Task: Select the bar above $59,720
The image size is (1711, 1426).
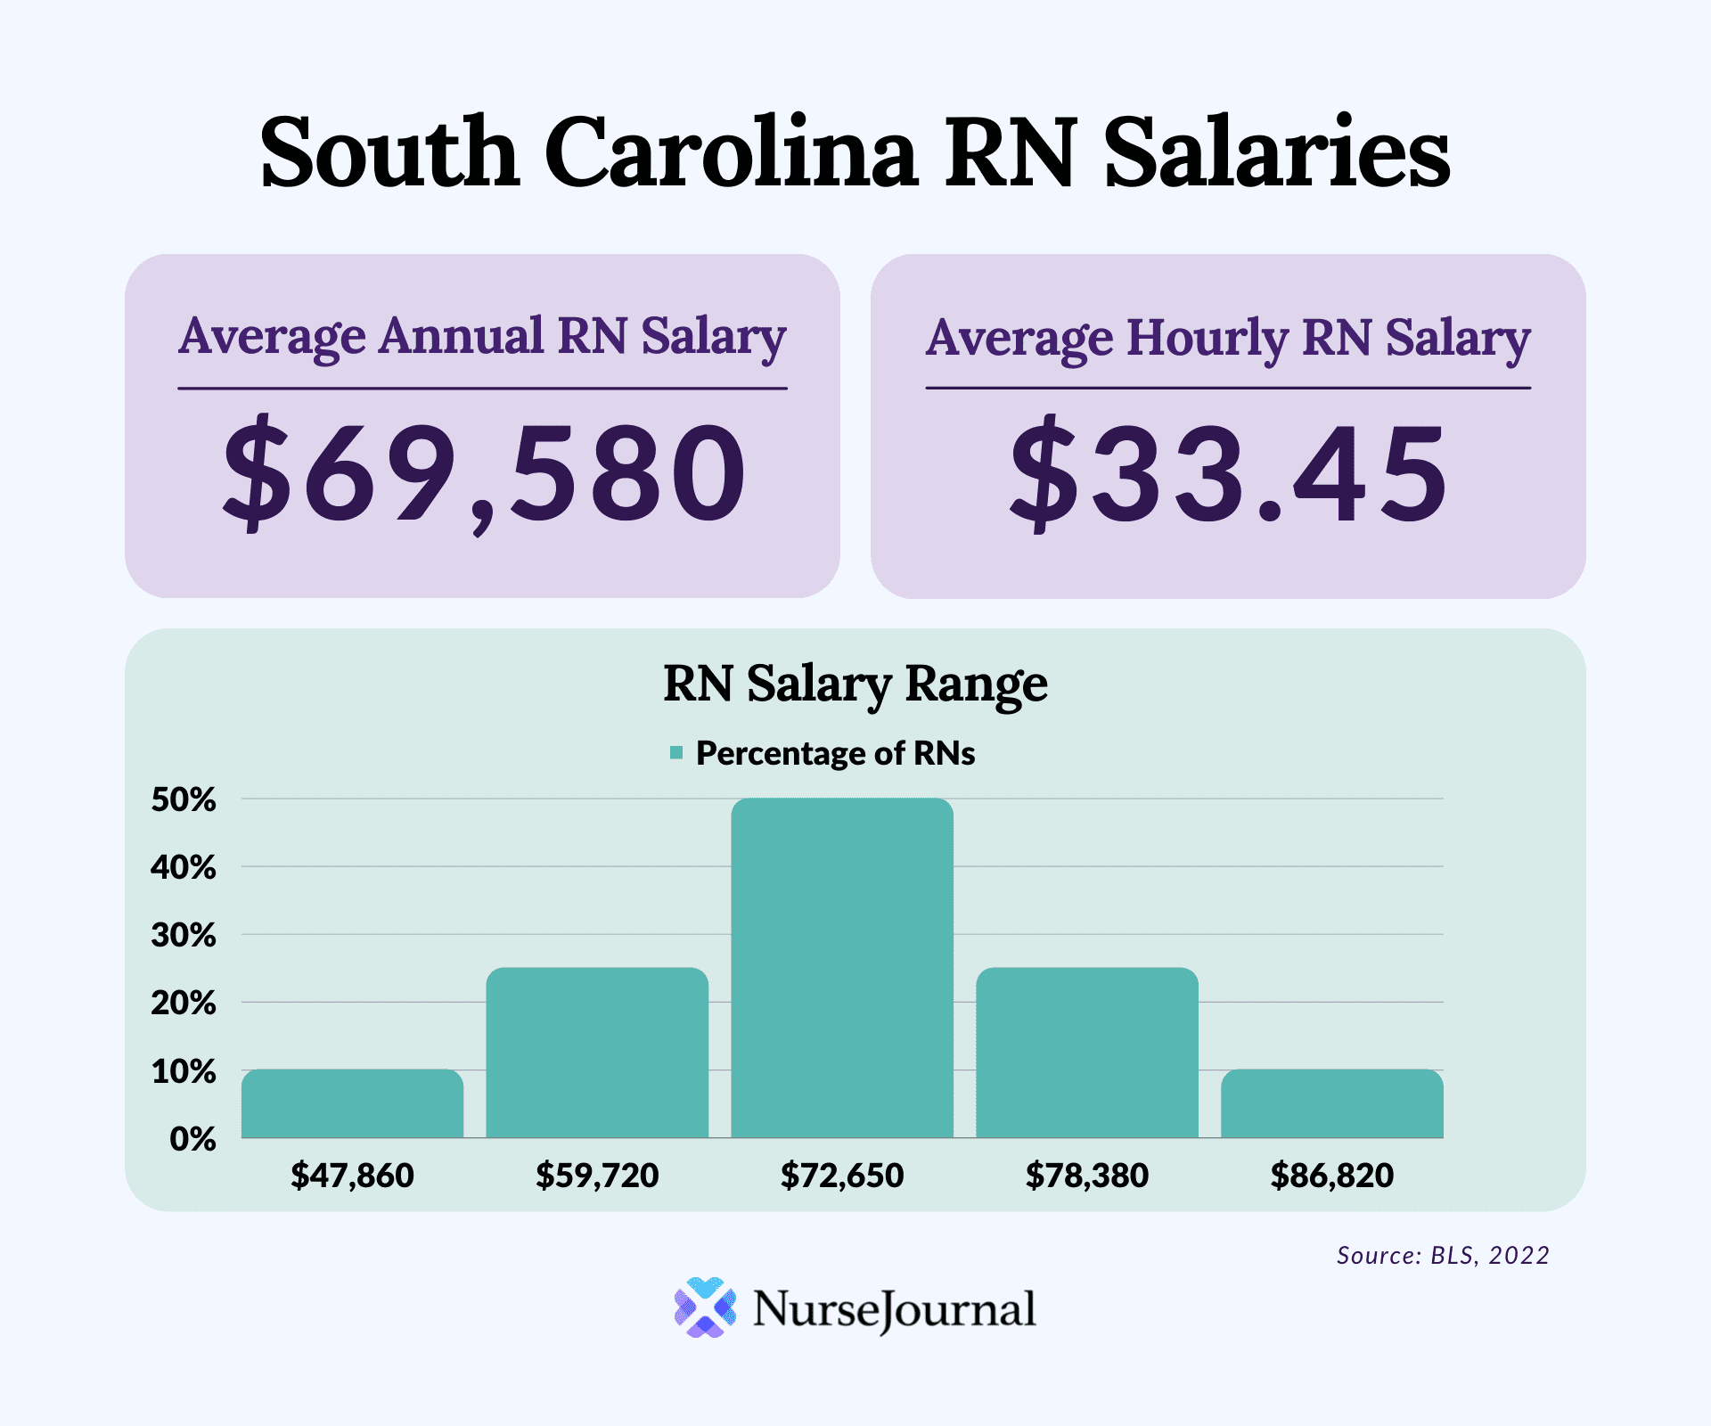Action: pos(597,1053)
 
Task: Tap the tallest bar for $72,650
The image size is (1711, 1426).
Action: pos(842,968)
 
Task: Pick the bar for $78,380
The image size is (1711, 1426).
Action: pos(1087,1053)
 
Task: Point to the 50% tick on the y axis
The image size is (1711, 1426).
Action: pos(184,799)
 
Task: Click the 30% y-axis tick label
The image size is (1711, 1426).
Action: pos(184,935)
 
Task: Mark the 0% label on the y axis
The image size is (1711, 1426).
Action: pos(192,1139)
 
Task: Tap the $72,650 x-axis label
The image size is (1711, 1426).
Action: pos(842,1176)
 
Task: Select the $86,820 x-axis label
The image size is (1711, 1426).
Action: pos(1332,1176)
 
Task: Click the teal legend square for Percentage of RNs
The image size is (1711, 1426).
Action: pos(676,753)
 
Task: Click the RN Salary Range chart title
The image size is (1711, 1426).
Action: pos(855,684)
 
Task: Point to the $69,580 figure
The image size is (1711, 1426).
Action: pos(483,472)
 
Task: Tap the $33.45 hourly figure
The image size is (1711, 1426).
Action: pos(1228,472)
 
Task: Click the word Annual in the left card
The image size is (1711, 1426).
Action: pos(461,336)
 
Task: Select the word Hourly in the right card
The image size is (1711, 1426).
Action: pos(1208,338)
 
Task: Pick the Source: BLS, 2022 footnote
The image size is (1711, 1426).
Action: pos(1443,1255)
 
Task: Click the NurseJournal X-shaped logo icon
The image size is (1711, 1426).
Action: pos(705,1307)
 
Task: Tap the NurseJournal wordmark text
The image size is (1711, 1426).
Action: pos(894,1309)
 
